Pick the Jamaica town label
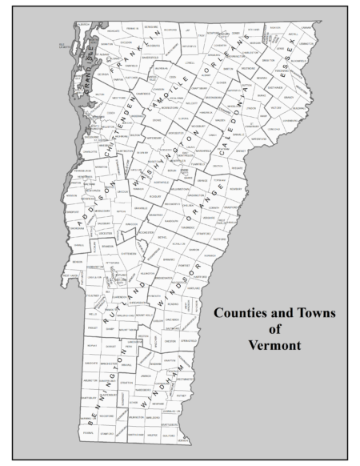coord(146,374)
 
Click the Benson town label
coord(77,261)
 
